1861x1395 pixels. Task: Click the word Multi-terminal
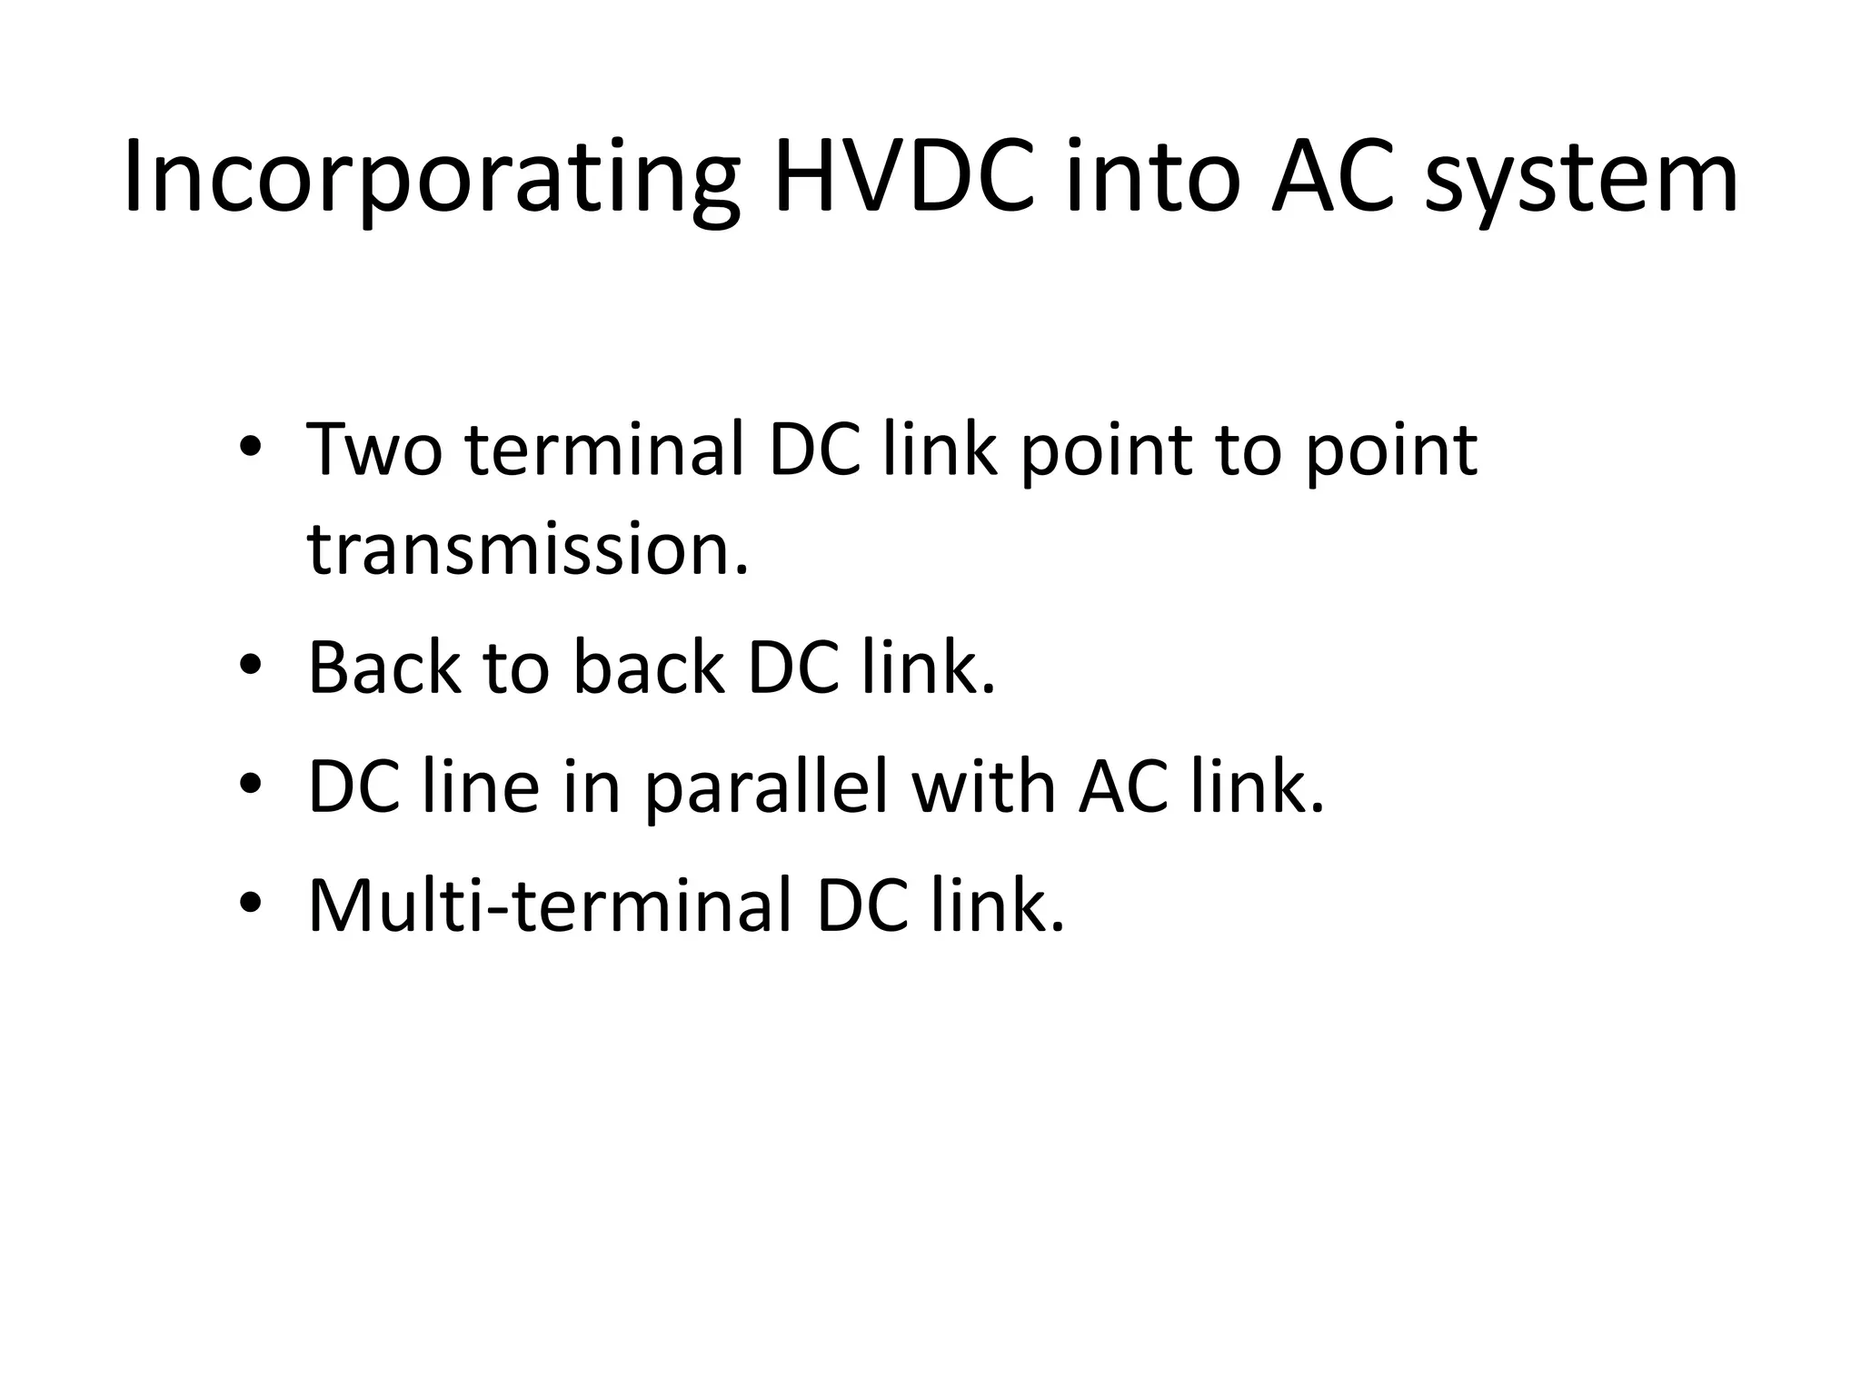[550, 905]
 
